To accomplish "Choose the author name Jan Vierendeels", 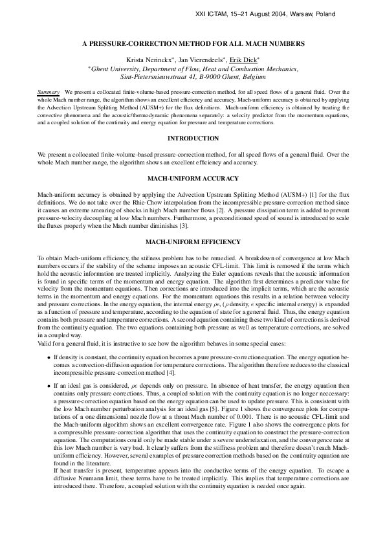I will tap(195, 59).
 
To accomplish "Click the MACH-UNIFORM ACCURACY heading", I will tap(193, 177).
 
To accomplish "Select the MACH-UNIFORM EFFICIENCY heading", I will tap(193, 242).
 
